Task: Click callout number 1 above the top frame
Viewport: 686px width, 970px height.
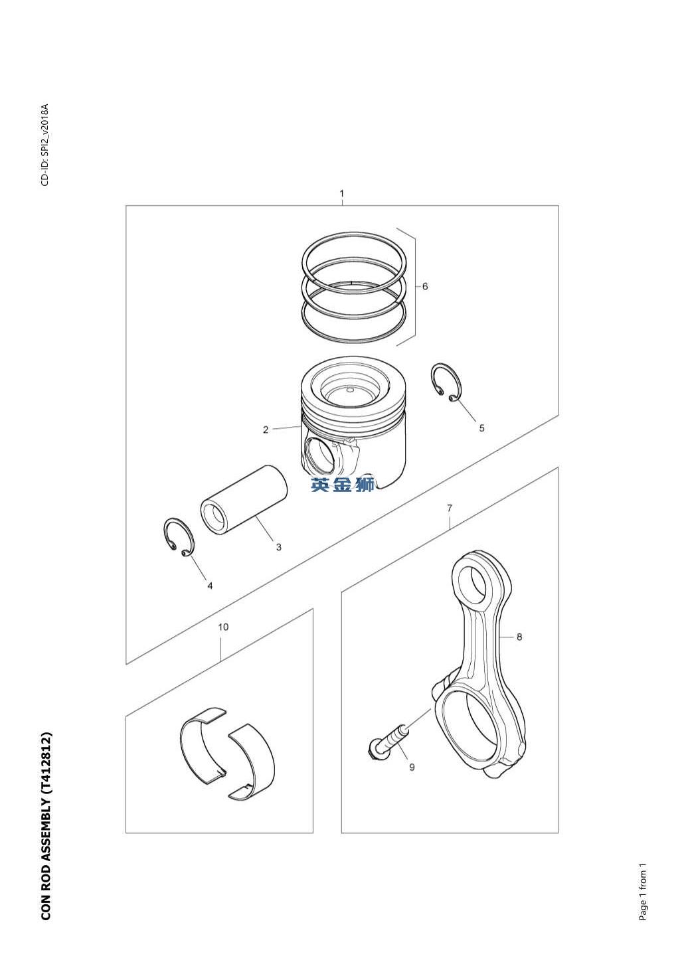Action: pyautogui.click(x=342, y=193)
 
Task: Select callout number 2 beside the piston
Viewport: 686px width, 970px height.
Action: pyautogui.click(x=266, y=430)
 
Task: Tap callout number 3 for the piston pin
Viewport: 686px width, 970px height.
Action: pyautogui.click(x=279, y=547)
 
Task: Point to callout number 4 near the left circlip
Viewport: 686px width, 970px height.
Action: pyautogui.click(x=210, y=586)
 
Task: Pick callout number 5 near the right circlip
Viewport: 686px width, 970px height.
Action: pyautogui.click(x=481, y=428)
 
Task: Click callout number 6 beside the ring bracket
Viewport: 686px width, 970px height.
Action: pyautogui.click(x=425, y=286)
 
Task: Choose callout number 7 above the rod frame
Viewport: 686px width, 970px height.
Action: pyautogui.click(x=450, y=508)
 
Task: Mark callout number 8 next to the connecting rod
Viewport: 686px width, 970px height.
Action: pyautogui.click(x=519, y=637)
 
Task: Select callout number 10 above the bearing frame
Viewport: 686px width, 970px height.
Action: pyautogui.click(x=223, y=627)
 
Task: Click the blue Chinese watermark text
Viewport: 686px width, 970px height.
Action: pyautogui.click(x=343, y=485)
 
